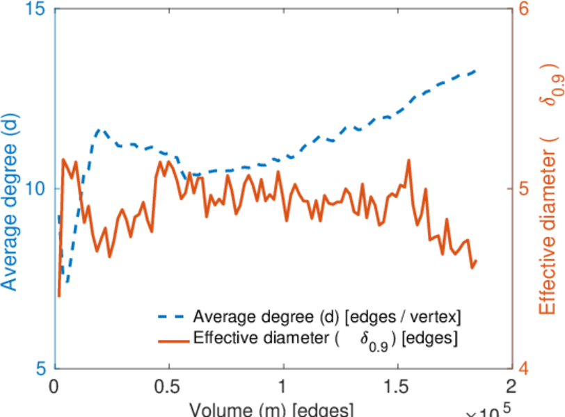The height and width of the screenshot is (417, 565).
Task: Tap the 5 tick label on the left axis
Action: [40, 368]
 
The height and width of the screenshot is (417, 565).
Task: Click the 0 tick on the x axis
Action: [55, 386]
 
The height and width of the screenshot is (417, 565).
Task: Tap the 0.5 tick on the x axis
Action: [169, 386]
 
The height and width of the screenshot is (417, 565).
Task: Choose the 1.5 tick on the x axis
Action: [397, 386]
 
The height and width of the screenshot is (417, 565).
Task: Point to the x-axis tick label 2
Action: [511, 386]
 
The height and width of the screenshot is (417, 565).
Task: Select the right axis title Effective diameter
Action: [548, 202]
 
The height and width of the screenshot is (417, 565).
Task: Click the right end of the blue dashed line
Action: [475, 71]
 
